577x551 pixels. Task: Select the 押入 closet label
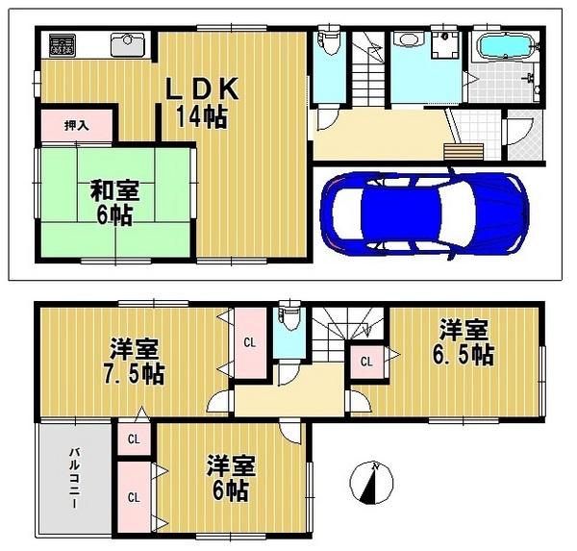(76, 126)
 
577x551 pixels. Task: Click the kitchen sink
(127, 45)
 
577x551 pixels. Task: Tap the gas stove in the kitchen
(63, 46)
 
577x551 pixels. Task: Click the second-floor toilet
(286, 316)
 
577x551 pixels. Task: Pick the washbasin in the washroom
(407, 40)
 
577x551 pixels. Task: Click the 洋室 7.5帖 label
(135, 360)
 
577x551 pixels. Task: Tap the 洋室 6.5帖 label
(465, 343)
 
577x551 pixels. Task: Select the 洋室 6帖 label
(231, 479)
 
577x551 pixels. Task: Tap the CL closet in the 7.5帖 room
(248, 342)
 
